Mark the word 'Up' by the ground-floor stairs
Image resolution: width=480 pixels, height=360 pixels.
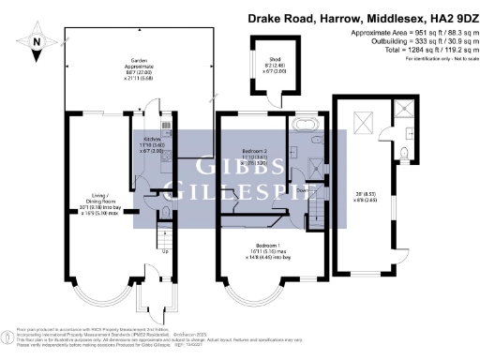tap(167, 250)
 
